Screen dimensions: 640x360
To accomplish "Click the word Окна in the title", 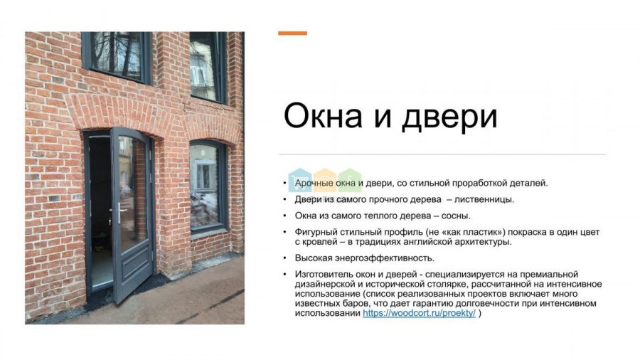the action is [x=323, y=116].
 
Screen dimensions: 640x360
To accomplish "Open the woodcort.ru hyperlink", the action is [x=419, y=313].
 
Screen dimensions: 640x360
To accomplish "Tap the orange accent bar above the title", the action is [x=293, y=33].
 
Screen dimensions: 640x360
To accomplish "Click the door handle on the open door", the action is [x=120, y=212].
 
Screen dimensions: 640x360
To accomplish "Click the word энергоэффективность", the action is [x=385, y=258].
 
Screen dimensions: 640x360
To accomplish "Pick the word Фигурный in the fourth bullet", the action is [x=315, y=232].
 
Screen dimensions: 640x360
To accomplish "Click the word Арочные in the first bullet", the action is [x=314, y=184].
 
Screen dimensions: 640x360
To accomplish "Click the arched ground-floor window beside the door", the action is [x=208, y=186].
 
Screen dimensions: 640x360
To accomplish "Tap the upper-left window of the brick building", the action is [x=117, y=56].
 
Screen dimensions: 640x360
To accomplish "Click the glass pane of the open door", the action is [x=132, y=192].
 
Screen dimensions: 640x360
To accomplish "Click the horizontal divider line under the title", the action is [x=442, y=154].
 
